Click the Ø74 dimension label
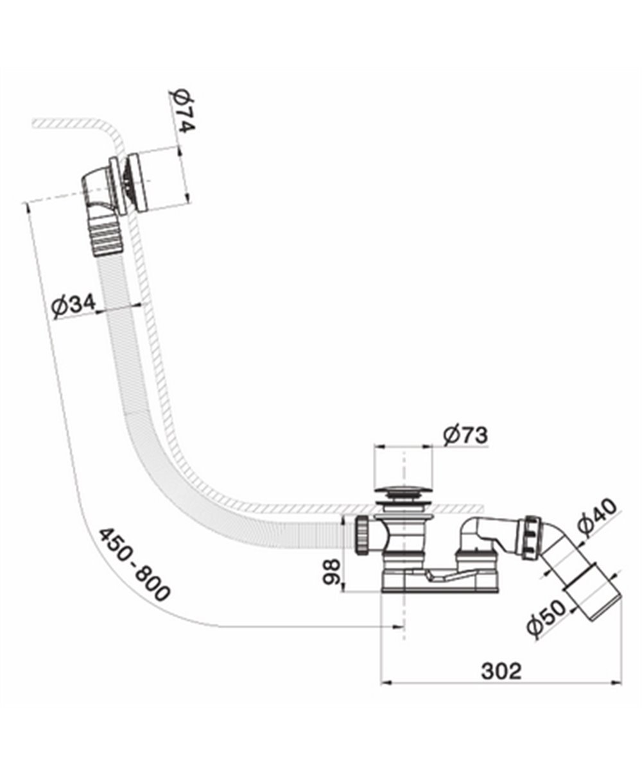tap(182, 112)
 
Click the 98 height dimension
tap(331, 572)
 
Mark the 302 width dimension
tap(501, 670)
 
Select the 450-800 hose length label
tap(134, 565)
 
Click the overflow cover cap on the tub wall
tap(138, 183)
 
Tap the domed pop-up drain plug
tap(404, 490)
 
